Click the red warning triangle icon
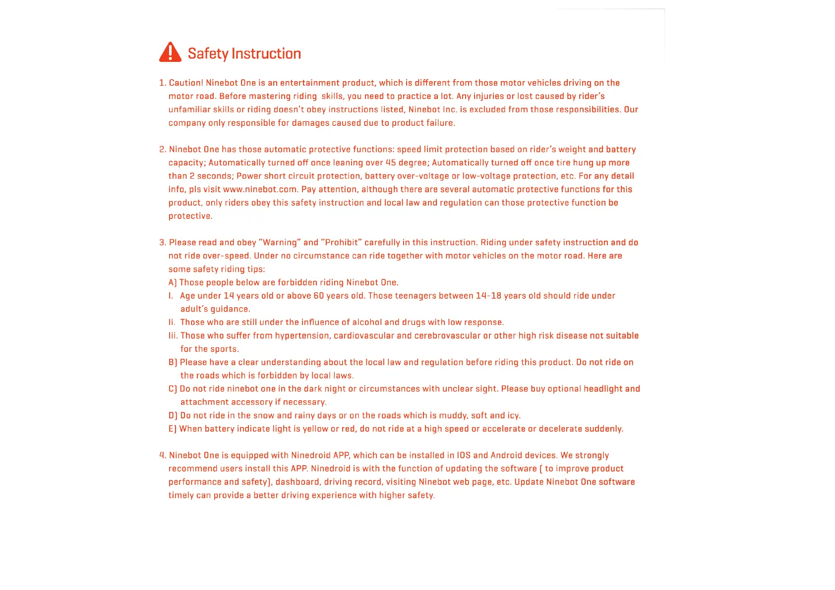pyautogui.click(x=170, y=52)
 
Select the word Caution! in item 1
pyautogui.click(x=186, y=83)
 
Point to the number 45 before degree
pyautogui.click(x=391, y=162)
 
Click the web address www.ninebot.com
pyautogui.click(x=260, y=189)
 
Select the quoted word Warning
pyautogui.click(x=280, y=242)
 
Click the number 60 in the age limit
pyautogui.click(x=318, y=296)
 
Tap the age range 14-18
pyautogui.click(x=488, y=296)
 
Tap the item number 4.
pyautogui.click(x=162, y=455)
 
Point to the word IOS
pyautogui.click(x=464, y=455)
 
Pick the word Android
pyautogui.click(x=506, y=455)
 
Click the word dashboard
pyautogui.click(x=297, y=482)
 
